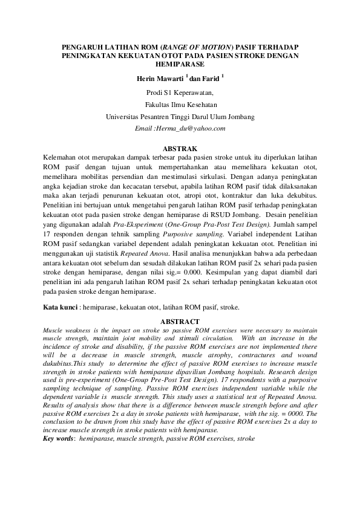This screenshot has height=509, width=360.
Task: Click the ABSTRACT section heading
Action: click(x=180, y=321)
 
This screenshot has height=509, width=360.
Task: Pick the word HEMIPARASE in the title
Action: click(x=180, y=63)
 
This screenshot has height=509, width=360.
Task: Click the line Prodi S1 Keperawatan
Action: click(x=180, y=93)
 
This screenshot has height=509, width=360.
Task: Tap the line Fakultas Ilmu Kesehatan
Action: click(x=180, y=105)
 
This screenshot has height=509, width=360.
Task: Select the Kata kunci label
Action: click(x=61, y=308)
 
